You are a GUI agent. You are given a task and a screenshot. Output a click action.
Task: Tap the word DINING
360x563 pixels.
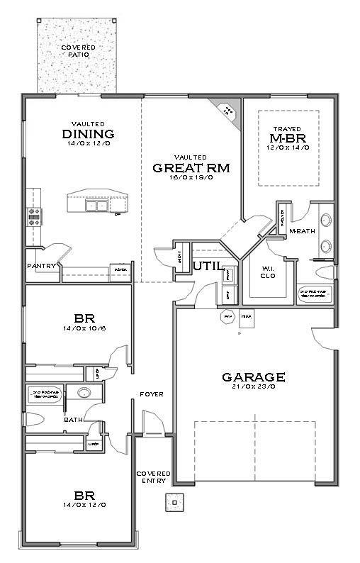89,134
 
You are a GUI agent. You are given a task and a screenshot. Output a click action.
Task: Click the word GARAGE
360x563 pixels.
253,377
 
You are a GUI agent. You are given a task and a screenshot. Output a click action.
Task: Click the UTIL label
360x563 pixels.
206,264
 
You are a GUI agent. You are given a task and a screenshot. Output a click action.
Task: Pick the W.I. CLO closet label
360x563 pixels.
267,272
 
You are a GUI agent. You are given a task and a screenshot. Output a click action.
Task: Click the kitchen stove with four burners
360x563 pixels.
33,216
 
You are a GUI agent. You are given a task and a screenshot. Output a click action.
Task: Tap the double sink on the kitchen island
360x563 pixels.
96,206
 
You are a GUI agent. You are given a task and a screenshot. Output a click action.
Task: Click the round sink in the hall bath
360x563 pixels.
84,394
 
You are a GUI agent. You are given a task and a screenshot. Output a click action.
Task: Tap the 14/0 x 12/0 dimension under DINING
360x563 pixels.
89,144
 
